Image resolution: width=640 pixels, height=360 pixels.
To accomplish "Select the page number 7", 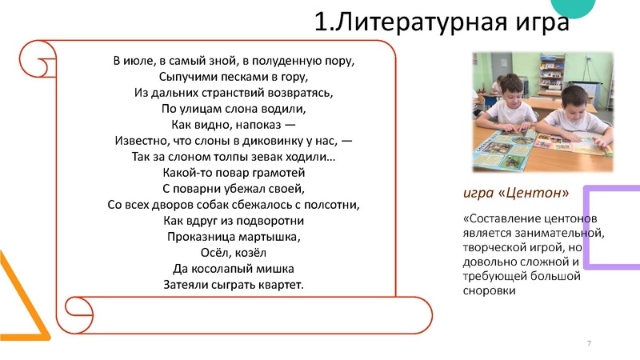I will pos(590,343).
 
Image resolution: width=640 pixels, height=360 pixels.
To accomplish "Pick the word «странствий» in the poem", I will pos(225,93).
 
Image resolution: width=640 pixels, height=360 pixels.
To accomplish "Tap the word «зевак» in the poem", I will pos(254,157).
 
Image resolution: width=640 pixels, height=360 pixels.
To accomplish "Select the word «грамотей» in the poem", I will pos(278,173).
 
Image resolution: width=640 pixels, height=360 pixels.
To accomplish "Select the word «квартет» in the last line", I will pos(279,285).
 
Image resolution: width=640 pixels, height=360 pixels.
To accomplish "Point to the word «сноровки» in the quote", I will pos(488,291).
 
